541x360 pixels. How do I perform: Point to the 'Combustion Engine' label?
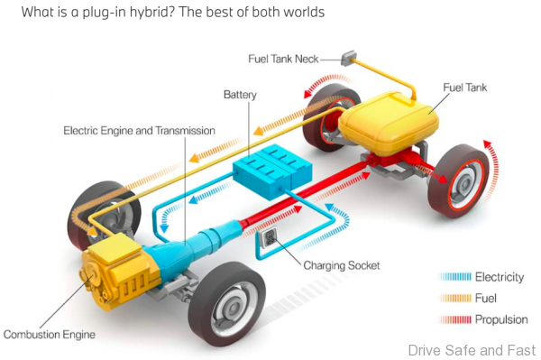49,335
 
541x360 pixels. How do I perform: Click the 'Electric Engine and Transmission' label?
139,130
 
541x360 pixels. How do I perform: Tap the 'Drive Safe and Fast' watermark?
472,349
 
